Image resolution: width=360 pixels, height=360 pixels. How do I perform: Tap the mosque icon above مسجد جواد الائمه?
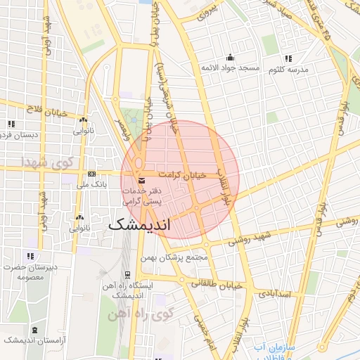coord(230,58)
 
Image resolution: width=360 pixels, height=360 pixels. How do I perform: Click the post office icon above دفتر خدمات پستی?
coord(143,181)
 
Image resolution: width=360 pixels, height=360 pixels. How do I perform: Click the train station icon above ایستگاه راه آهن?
coord(127,275)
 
